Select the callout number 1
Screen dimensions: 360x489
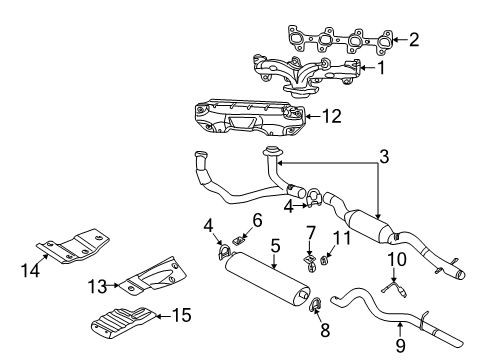pos(381,68)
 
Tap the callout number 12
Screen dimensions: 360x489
pos(330,116)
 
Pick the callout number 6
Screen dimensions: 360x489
pos(257,219)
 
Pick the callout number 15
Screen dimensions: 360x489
pos(181,315)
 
